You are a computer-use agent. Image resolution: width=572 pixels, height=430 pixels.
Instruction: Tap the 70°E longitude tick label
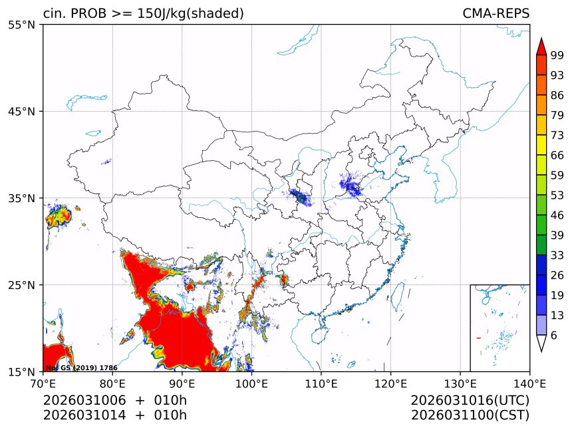[x=43, y=383]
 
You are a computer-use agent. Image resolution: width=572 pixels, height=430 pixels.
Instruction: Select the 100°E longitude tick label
[x=251, y=383]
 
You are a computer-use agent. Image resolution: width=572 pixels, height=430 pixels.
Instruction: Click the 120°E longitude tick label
[x=390, y=383]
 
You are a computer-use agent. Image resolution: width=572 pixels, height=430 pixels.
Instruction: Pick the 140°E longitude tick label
[x=529, y=383]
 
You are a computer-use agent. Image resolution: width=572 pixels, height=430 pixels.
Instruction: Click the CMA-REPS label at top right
[x=496, y=13]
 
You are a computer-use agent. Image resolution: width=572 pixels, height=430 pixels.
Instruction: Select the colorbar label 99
[x=557, y=55]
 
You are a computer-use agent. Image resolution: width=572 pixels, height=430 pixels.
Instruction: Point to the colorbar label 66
[x=557, y=155]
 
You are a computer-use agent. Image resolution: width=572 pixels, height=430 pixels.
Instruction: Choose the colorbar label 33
[x=557, y=255]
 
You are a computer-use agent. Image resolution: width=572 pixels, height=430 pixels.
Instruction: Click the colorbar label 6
[x=553, y=336]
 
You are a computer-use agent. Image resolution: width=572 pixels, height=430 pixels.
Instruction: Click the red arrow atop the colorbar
[x=541, y=46]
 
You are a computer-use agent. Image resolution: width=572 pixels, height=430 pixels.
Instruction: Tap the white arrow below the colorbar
[x=541, y=343]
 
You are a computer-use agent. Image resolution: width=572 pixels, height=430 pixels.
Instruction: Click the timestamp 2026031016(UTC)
[x=470, y=401]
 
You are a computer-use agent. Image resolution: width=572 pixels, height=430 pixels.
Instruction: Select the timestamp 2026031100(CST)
[x=470, y=415]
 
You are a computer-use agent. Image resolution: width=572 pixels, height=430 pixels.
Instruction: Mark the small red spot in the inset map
[x=478, y=338]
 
